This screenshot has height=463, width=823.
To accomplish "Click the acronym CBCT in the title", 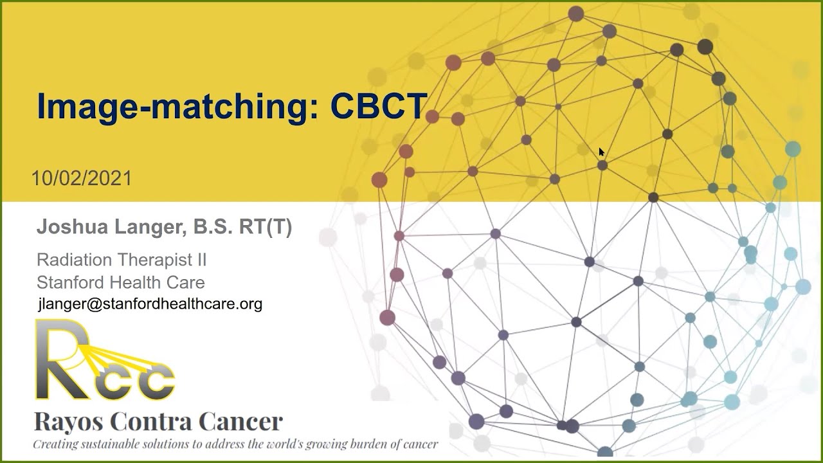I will coord(379,106).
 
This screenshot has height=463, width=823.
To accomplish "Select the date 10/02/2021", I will coord(82,178).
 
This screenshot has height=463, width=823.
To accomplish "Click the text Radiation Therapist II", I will coord(122,260).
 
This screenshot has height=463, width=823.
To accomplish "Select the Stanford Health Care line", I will coord(121,282).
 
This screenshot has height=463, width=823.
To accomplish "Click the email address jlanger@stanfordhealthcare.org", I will coord(150,304).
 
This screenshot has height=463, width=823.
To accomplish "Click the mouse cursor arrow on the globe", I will coord(601,152).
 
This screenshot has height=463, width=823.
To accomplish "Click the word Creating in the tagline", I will coord(54,444).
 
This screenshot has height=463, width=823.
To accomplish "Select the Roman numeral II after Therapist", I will coord(200,260).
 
